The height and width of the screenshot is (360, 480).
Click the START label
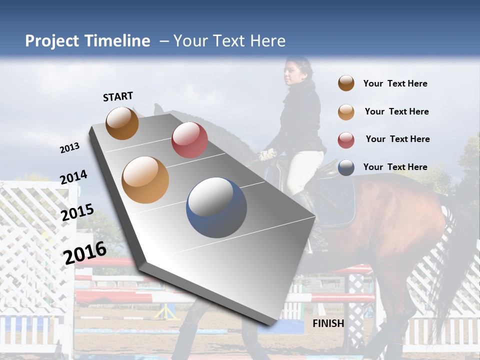pos(118,96)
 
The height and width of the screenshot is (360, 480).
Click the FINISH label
pos(328,323)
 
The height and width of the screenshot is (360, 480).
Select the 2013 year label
pos(69,148)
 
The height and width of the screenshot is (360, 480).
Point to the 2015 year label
pos(77,212)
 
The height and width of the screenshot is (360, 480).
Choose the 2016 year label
pos(85,253)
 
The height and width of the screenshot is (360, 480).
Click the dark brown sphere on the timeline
pos(122,123)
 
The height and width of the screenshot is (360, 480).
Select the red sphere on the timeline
pos(189,140)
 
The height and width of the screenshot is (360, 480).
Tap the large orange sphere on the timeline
pos(145,180)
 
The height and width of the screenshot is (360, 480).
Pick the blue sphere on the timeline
pos(216,207)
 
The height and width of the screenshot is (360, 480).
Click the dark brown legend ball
pos(346,83)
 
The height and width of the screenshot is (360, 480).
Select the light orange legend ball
pos(346,112)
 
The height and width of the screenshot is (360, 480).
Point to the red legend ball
pos(346,140)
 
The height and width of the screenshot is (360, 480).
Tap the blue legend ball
pos(346,167)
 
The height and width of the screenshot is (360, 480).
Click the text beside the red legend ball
pos(397,139)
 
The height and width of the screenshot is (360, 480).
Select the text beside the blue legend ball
pos(395,167)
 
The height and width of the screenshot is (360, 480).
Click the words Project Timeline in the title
pos(87,41)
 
